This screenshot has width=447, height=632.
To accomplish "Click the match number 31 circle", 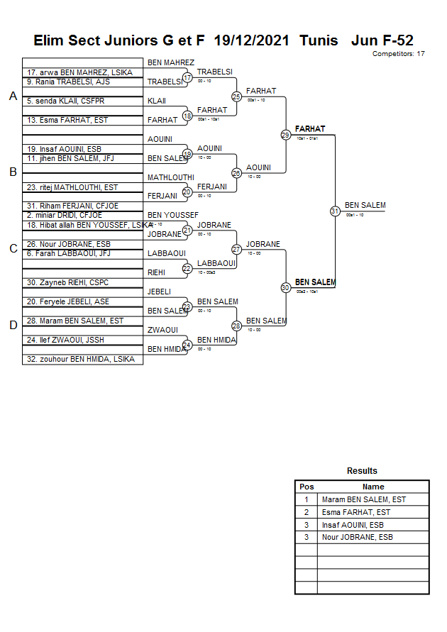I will click(x=335, y=211).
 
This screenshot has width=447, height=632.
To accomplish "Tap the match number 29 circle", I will click(x=285, y=134).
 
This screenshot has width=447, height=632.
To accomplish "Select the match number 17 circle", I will click(x=187, y=77).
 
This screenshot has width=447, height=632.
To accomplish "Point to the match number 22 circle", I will click(x=187, y=268).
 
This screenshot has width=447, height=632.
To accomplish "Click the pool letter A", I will click(x=12, y=96).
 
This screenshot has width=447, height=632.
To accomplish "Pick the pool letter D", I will click(x=12, y=325).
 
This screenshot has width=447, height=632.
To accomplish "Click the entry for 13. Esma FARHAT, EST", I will click(x=68, y=121).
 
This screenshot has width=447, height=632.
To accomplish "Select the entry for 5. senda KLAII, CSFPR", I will click(x=65, y=101).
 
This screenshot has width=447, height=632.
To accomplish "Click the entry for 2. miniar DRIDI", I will click(x=64, y=215).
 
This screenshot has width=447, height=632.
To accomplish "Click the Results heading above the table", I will click(x=362, y=471).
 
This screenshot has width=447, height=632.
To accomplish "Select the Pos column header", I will click(x=307, y=487).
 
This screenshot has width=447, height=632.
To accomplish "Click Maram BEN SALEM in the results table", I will click(x=364, y=499).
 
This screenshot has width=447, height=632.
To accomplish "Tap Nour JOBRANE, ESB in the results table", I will click(x=358, y=537).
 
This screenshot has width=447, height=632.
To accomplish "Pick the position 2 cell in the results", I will click(x=307, y=512).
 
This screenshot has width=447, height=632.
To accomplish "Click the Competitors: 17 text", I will click(x=399, y=54).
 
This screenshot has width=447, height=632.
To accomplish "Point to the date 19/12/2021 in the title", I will click(x=251, y=40).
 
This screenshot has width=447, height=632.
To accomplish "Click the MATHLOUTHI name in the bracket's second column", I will click(x=170, y=177).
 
